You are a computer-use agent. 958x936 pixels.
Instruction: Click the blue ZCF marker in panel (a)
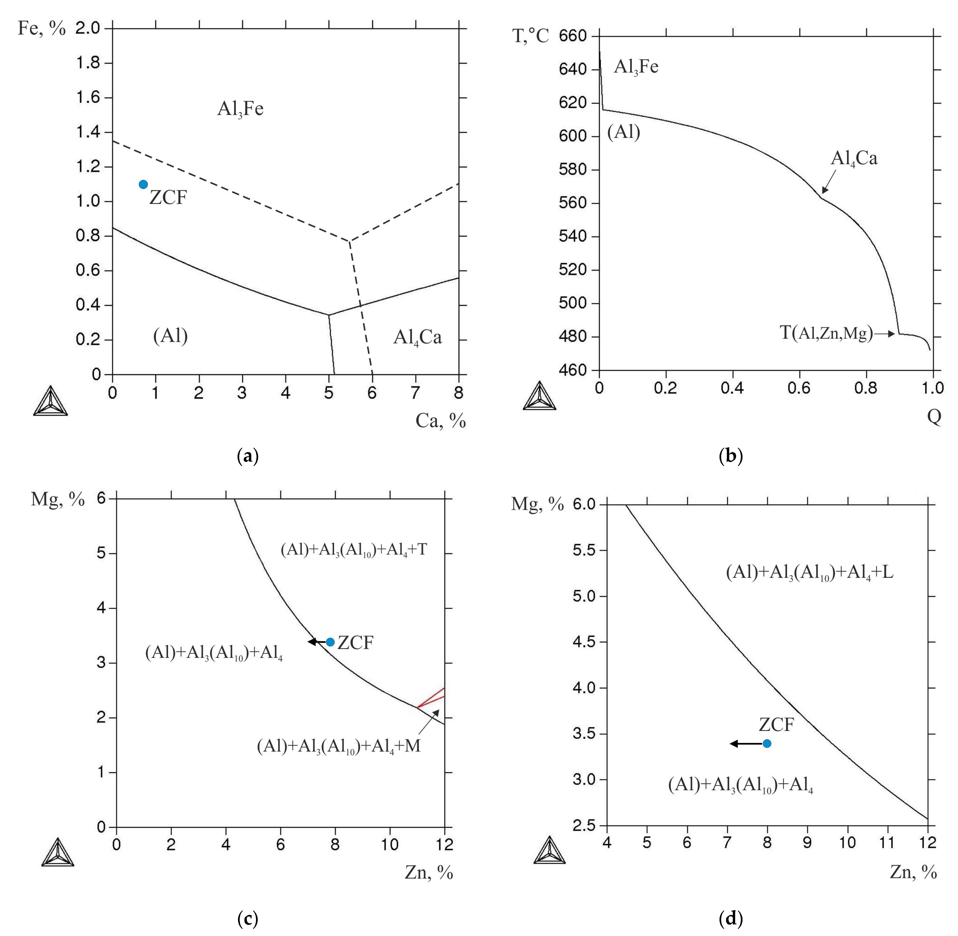(x=143, y=184)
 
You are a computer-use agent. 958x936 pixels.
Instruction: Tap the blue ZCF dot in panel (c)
(x=330, y=642)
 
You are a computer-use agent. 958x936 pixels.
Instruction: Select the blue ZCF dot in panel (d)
(x=767, y=743)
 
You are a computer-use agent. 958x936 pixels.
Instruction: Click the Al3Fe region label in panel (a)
(x=240, y=109)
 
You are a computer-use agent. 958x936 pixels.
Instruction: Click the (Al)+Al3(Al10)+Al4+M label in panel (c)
(x=339, y=746)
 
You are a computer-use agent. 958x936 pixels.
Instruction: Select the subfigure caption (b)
(x=730, y=456)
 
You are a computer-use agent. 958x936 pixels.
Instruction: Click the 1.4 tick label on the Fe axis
(x=87, y=132)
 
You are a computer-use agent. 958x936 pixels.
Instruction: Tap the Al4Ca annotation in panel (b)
(x=854, y=158)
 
